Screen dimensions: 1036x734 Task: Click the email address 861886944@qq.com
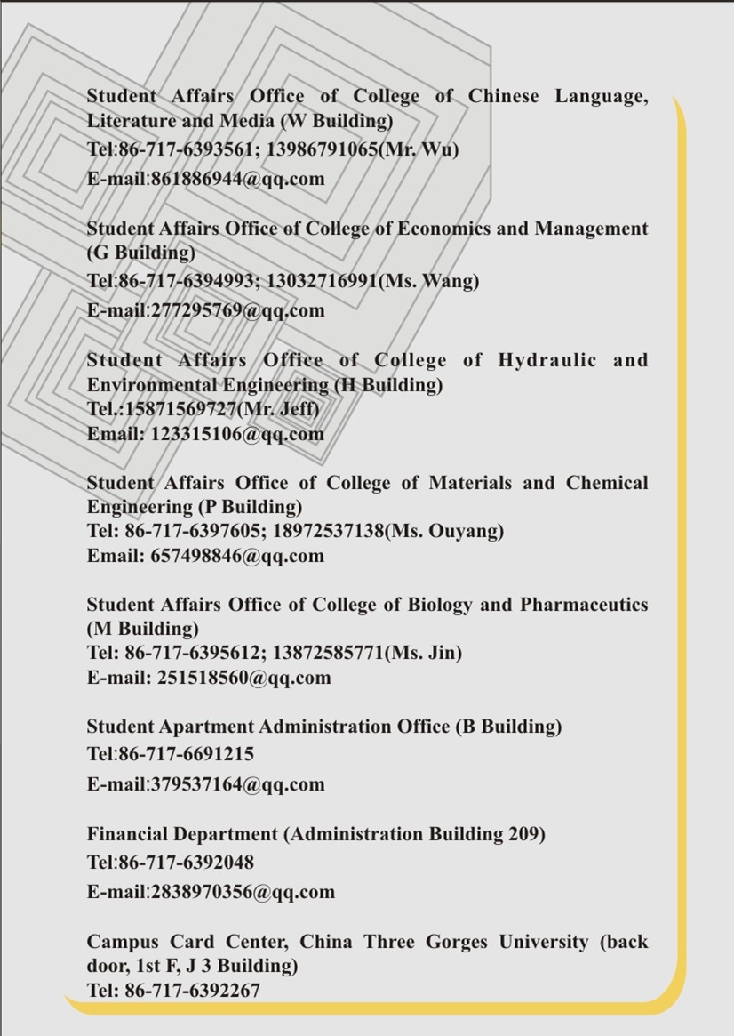coord(237,179)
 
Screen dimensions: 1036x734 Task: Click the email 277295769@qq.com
coord(237,310)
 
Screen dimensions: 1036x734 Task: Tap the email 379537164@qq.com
coord(237,784)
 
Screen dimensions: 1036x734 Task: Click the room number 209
coord(523,834)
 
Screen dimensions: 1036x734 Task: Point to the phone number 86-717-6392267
coord(192,990)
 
